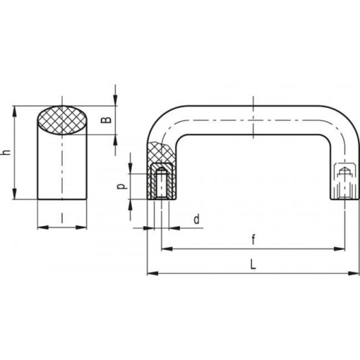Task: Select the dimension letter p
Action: pos(122,186)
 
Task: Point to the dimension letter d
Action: pos(197,219)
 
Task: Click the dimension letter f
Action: pos(253,240)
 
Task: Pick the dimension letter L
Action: pos(253,265)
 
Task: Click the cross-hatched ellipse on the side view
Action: pos(63,120)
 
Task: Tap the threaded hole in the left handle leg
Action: pos(161,184)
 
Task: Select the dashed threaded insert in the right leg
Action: pos(345,181)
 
